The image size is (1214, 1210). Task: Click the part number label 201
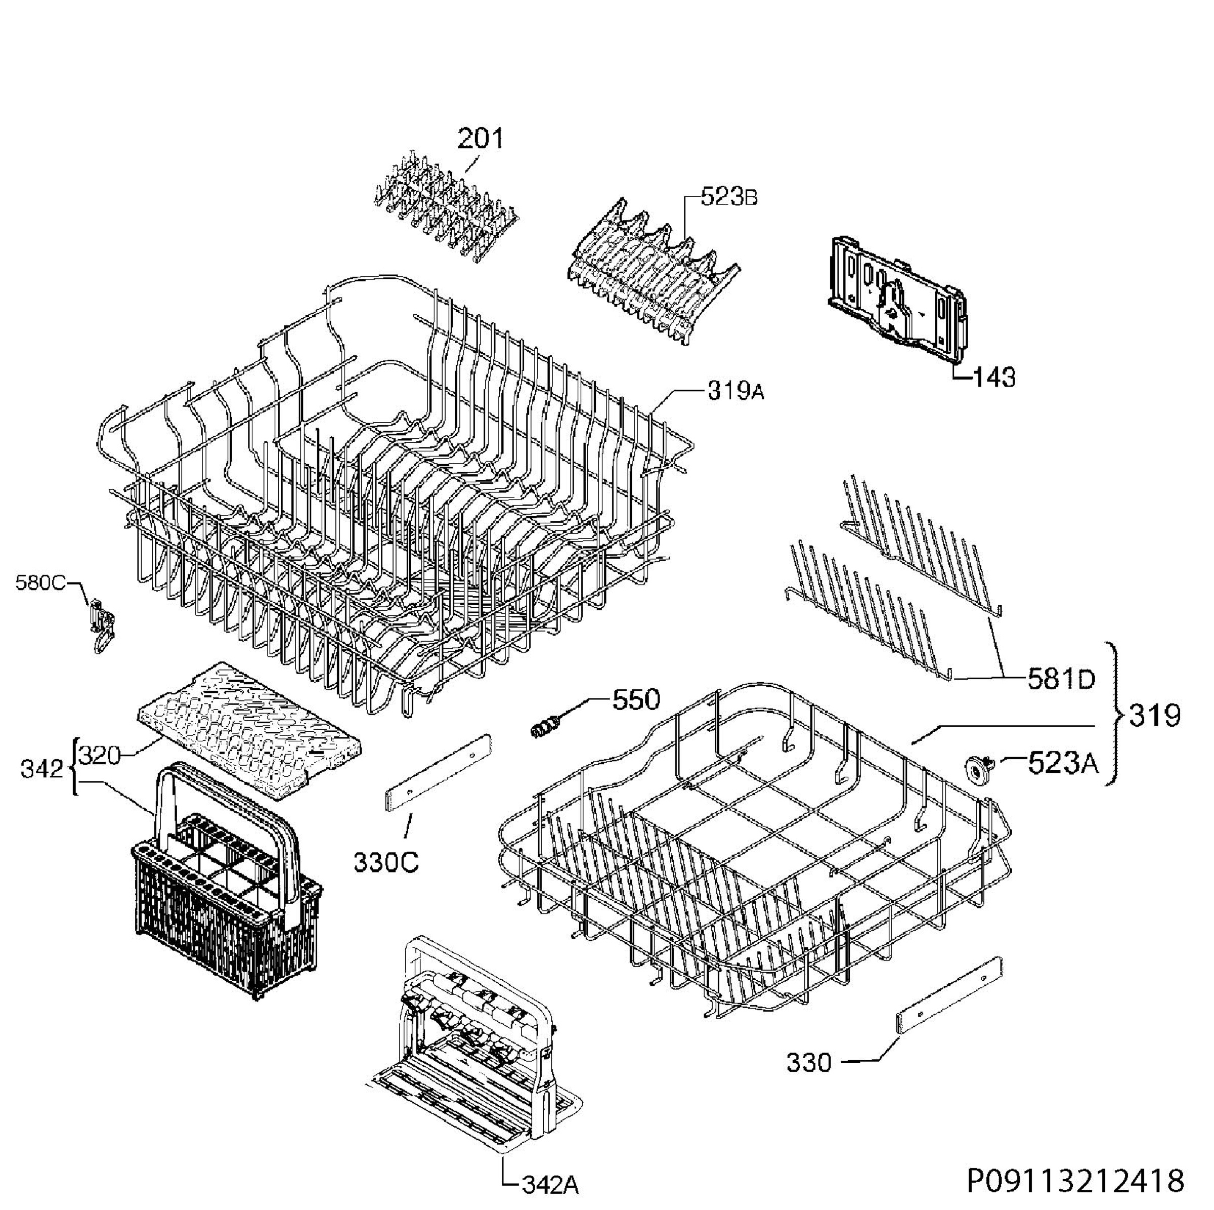click(480, 138)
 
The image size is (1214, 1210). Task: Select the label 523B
click(729, 197)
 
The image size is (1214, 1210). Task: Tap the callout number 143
click(994, 377)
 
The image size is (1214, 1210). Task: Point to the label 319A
click(736, 391)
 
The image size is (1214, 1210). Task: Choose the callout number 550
click(636, 699)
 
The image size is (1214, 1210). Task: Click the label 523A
click(1063, 764)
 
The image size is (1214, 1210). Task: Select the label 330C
click(386, 863)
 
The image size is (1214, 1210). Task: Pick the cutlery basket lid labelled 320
click(250, 730)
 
